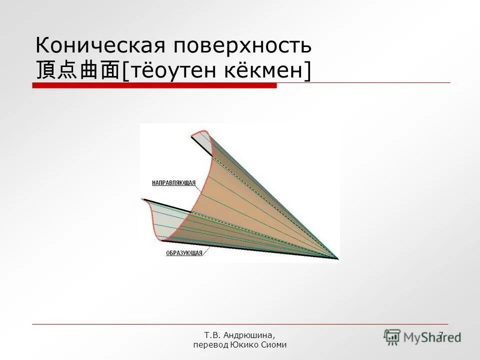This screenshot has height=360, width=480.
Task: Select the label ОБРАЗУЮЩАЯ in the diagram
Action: point(184,253)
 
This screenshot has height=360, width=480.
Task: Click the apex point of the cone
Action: point(337,258)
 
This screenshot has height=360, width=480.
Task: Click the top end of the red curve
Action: point(192,134)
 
